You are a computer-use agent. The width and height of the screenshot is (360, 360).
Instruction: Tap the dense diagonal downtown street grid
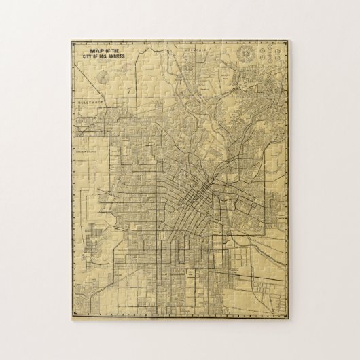point(197,197)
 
